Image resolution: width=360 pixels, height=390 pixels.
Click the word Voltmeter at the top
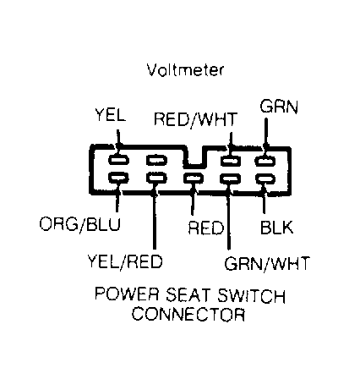pyautogui.click(x=185, y=70)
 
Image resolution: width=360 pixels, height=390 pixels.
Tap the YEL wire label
pyautogui.click(x=110, y=115)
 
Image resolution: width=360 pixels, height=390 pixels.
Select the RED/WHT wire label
pyautogui.click(x=195, y=119)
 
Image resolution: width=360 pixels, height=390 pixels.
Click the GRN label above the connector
pyautogui.click(x=279, y=107)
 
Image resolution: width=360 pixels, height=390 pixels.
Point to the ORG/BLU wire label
pyautogui.click(x=80, y=225)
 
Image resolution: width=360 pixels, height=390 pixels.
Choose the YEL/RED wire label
pyautogui.click(x=125, y=261)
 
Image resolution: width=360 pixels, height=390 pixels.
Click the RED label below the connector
pyautogui.click(x=206, y=228)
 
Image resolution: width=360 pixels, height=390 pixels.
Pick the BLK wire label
pyautogui.click(x=276, y=228)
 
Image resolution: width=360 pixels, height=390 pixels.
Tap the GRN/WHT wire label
pyautogui.click(x=267, y=263)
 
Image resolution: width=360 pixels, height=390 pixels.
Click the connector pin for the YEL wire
pyautogui.click(x=118, y=160)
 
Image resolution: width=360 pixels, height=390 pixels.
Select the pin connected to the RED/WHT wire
pyautogui.click(x=231, y=161)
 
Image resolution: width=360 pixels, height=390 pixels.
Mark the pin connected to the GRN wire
pyautogui.click(x=265, y=161)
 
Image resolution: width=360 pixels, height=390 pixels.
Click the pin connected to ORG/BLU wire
pyautogui.click(x=118, y=178)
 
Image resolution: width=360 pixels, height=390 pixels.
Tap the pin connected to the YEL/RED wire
pyautogui.click(x=156, y=178)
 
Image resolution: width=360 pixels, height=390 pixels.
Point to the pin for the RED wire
pyautogui.click(x=194, y=179)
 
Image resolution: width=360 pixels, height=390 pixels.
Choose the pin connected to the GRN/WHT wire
pyautogui.click(x=231, y=179)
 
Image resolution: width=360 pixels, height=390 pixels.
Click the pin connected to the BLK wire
pyautogui.click(x=265, y=179)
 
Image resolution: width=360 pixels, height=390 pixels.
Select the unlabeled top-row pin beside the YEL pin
pyautogui.click(x=156, y=160)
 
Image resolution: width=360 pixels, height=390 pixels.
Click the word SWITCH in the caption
pyautogui.click(x=251, y=296)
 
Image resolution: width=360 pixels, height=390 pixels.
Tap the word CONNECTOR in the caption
pyautogui.click(x=188, y=314)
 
